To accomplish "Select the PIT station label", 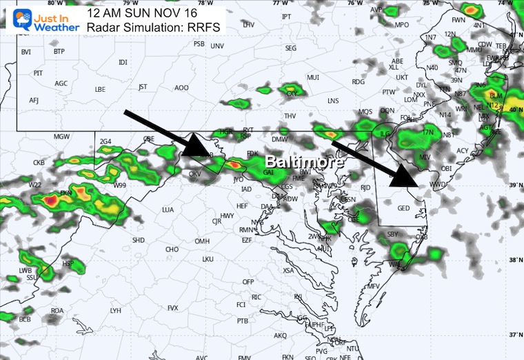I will click(38, 72).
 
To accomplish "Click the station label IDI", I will click(123, 63).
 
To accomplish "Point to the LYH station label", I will click(116, 310).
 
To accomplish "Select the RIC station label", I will click(257, 297).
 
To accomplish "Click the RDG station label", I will click(358, 81).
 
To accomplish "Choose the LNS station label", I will click(334, 101).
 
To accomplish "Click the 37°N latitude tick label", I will click(514, 334).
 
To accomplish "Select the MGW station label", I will click(62, 137).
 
